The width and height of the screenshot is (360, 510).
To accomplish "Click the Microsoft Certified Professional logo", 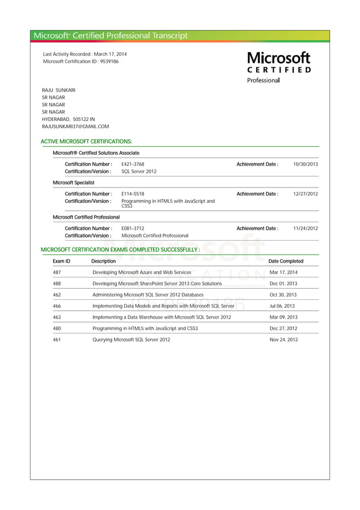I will (x=279, y=67).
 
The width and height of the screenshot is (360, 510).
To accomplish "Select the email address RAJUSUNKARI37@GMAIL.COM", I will (x=76, y=127).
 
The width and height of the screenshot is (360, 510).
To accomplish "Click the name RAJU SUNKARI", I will (x=59, y=90).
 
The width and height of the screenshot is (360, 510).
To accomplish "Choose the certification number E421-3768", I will (x=133, y=164).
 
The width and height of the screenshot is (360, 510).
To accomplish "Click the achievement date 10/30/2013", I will (x=305, y=164).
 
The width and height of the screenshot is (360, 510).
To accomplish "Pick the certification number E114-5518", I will (x=133, y=194).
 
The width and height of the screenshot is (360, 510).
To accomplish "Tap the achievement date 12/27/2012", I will (x=305, y=194).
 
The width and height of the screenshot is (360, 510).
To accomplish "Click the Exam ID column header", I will (x=62, y=261).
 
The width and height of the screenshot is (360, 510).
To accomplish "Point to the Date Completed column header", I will (x=286, y=261).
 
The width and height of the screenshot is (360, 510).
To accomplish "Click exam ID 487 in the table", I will (x=56, y=272).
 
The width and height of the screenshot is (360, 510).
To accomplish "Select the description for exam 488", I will (x=157, y=284).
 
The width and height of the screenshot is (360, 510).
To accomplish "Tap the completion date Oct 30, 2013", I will (x=283, y=295).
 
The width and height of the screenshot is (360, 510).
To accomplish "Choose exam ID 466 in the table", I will (x=56, y=306).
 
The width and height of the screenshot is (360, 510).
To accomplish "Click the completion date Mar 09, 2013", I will (x=283, y=317).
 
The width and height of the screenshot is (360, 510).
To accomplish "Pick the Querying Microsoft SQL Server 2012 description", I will (x=131, y=339).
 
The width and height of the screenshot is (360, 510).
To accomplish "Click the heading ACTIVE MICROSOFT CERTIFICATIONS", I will (x=87, y=141).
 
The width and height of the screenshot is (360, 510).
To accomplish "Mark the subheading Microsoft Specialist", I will (x=73, y=182).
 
